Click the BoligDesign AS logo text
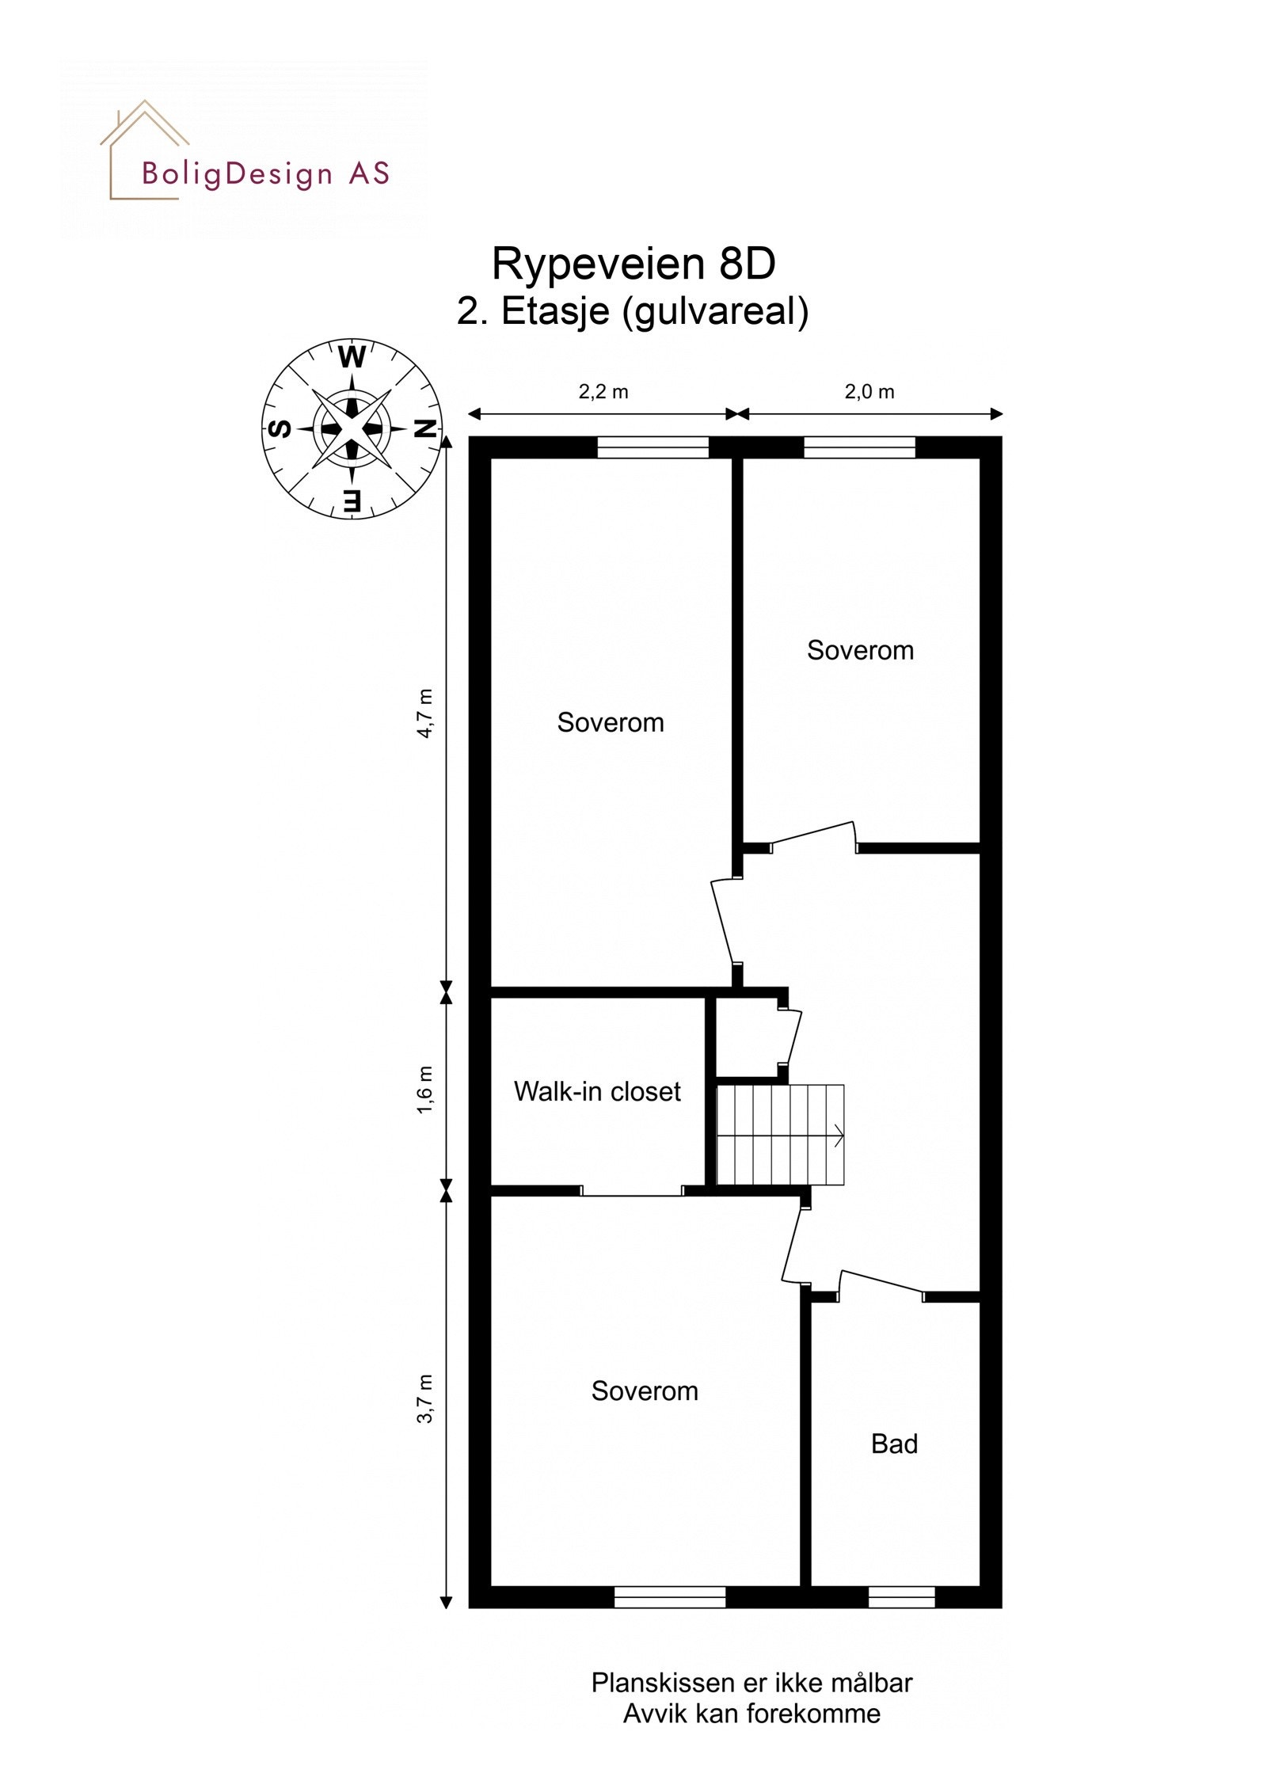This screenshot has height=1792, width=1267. click(x=266, y=173)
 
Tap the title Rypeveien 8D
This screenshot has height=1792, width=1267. click(x=633, y=264)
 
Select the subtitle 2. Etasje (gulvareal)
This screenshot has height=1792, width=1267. click(x=633, y=311)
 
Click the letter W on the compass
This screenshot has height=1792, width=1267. click(x=352, y=358)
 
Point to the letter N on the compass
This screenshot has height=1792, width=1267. click(x=425, y=429)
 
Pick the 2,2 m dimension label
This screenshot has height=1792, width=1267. click(x=603, y=392)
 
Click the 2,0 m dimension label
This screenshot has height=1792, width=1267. click(x=869, y=392)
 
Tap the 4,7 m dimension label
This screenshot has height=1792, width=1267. click(x=426, y=713)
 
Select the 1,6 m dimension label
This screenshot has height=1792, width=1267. click(x=426, y=1090)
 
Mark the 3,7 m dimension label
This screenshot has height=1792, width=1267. click(x=426, y=1399)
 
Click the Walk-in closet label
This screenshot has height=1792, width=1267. click(x=597, y=1092)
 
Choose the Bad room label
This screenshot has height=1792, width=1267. click(x=894, y=1444)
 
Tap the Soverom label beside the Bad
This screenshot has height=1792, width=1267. click(x=645, y=1391)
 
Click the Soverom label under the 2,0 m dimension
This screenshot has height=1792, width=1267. click(x=860, y=650)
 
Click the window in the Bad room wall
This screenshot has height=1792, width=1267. click(x=901, y=1597)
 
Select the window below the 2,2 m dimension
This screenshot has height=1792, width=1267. click(x=653, y=448)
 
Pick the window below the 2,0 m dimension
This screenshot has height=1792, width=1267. click(x=860, y=448)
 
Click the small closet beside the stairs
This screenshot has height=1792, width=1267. click(x=746, y=1038)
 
